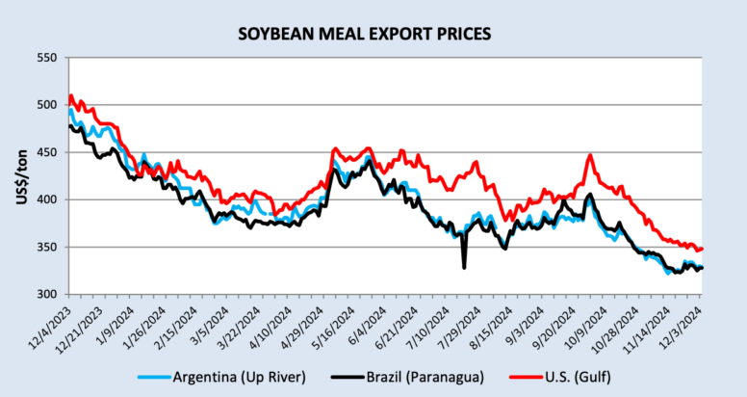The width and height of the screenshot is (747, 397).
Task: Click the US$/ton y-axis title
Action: click(x=20, y=175)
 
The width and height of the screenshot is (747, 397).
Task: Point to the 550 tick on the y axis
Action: click(x=49, y=58)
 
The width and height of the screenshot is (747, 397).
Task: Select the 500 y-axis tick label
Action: click(x=49, y=105)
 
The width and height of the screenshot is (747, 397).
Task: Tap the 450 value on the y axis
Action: click(x=49, y=152)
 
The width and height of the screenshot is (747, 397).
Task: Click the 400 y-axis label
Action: click(x=49, y=199)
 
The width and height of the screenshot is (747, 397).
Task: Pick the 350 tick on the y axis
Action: click(x=49, y=247)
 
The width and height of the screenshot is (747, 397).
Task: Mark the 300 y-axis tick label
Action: click(x=49, y=294)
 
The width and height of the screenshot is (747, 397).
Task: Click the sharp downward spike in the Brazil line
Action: click(x=464, y=266)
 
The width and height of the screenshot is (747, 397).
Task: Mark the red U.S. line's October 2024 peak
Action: click(x=590, y=156)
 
